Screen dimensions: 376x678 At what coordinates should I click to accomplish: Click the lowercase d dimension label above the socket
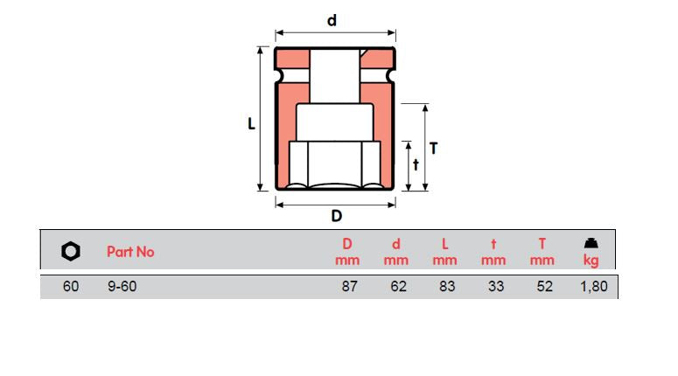(332, 20)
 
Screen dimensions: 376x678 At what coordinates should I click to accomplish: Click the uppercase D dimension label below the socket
(336, 216)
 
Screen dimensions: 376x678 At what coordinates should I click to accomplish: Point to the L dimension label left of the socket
(251, 124)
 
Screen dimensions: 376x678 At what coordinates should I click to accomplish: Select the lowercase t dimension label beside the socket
(416, 164)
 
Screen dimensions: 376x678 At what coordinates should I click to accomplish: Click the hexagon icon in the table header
(71, 252)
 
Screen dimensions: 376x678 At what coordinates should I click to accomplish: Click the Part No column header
(130, 252)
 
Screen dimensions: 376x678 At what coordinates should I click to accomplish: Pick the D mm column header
(347, 252)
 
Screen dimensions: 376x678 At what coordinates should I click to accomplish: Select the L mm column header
(445, 252)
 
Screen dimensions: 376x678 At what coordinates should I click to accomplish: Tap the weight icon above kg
(591, 243)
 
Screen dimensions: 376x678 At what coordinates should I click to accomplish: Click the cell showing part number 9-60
(122, 287)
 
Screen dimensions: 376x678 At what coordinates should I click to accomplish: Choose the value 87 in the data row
(349, 287)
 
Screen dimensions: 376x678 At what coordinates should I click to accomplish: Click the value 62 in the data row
(398, 287)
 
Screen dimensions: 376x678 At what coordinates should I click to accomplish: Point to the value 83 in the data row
(447, 287)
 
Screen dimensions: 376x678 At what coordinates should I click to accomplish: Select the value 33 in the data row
(496, 287)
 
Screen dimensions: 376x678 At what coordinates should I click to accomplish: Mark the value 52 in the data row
(544, 287)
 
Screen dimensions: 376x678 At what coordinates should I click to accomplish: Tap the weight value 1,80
(592, 287)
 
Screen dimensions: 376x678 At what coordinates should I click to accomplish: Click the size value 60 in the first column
(71, 287)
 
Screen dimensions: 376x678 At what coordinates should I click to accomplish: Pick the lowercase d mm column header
(396, 252)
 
